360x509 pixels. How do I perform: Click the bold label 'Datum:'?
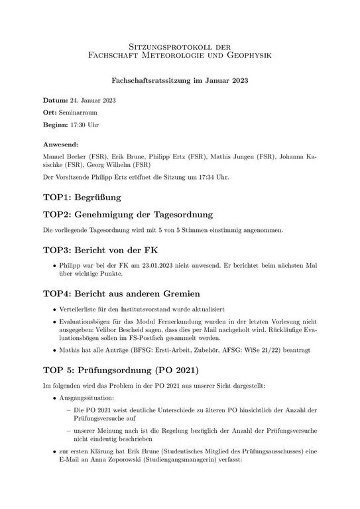[x=55, y=101]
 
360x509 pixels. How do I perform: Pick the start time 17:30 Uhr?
[x=84, y=125]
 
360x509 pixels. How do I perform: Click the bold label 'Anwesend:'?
[x=60, y=144]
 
